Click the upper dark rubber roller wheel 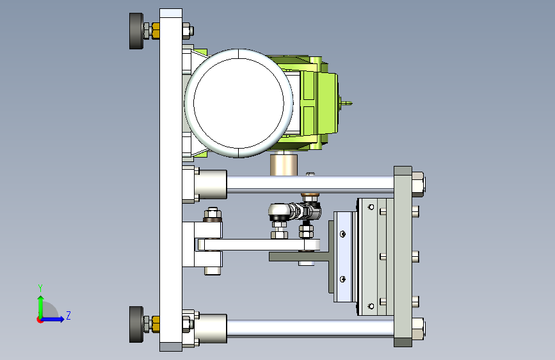click(136, 31)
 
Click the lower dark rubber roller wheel click(136, 324)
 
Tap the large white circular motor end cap click(239, 103)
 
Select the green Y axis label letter click(40, 288)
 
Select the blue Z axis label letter click(68, 315)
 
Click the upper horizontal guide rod click(310, 184)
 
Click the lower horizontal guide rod click(310, 328)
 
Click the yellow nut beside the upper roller click(156, 31)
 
